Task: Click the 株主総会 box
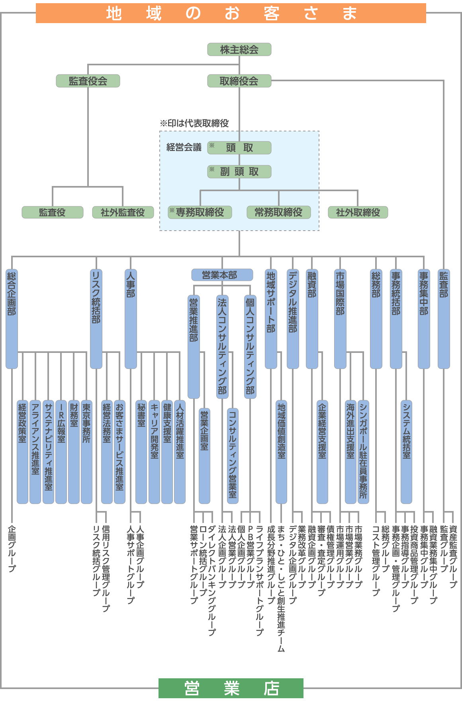tap(239, 49)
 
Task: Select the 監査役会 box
tap(88, 81)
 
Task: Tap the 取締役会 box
tap(239, 81)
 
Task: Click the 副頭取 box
tap(239, 172)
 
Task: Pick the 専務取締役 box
tap(200, 212)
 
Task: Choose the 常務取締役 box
tap(278, 212)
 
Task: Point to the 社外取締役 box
tap(358, 212)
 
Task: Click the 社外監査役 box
tap(123, 212)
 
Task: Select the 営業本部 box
tap(222, 275)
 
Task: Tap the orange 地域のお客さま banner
tap(231, 13)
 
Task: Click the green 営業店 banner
tap(231, 688)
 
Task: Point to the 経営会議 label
tap(184, 147)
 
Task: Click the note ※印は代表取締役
tap(194, 123)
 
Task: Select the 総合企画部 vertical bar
tap(12, 319)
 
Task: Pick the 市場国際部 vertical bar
tap(340, 319)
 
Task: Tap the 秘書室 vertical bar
tap(141, 452)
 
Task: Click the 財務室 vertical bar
tap(74, 452)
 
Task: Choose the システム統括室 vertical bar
tap(406, 452)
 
